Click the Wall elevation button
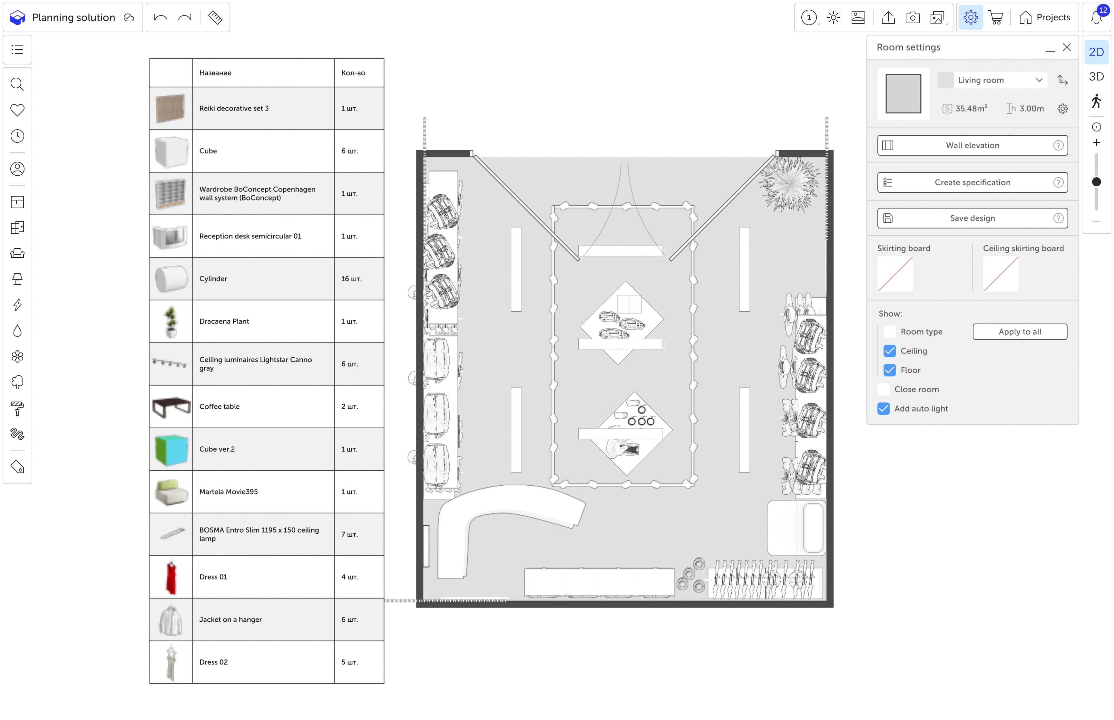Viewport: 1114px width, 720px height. pos(972,145)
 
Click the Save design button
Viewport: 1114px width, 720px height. pos(972,218)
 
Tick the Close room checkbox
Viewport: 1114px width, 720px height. pos(884,389)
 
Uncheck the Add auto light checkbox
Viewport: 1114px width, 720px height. pos(884,409)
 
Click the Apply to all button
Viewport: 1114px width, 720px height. pos(1020,332)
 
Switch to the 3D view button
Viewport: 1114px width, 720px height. pos(1096,77)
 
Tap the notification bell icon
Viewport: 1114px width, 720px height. pos(1096,18)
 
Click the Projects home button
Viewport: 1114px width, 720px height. pos(1044,18)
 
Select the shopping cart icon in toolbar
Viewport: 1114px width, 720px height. pos(996,18)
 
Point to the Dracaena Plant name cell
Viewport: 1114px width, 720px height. pos(263,322)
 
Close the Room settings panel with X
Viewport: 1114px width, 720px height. pos(1067,47)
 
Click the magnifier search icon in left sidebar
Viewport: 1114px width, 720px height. pos(17,84)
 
